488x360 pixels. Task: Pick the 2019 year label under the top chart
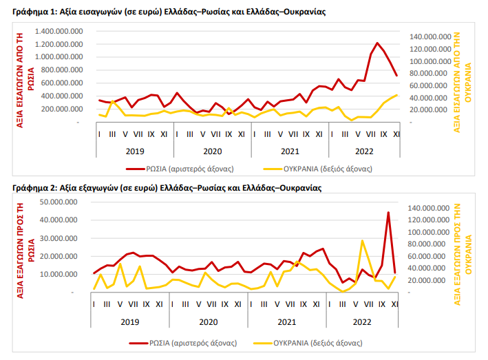pos(134,150)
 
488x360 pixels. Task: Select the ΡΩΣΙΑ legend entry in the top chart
pos(180,167)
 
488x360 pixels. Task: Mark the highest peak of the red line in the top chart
pos(377,43)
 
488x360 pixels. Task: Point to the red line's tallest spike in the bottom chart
pos(388,213)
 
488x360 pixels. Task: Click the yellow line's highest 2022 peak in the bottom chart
pos(362,241)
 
